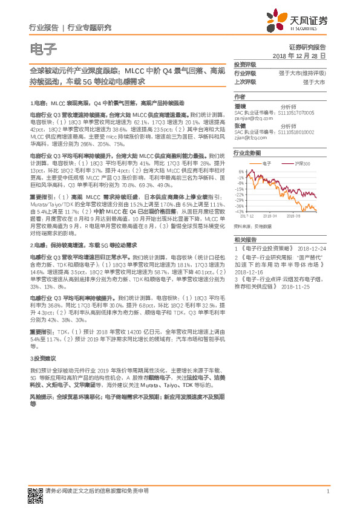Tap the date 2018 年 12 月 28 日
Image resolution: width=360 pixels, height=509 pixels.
(x=299, y=56)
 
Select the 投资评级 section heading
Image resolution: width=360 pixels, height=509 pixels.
(x=245, y=64)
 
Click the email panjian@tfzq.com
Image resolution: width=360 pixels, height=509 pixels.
(x=254, y=119)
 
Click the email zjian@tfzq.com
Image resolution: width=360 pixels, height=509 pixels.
(x=251, y=139)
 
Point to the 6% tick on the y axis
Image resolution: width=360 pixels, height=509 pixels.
(x=241, y=172)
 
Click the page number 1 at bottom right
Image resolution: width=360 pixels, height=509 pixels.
(x=327, y=491)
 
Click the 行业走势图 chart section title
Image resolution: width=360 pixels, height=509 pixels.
(x=247, y=154)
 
